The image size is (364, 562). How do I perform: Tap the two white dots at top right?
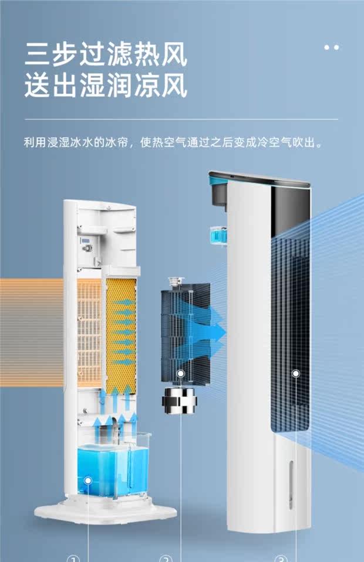click(331, 47)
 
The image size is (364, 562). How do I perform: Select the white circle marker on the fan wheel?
click(181, 373)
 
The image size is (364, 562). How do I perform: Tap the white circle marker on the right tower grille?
click(296, 373)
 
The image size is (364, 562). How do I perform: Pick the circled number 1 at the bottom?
click(73, 557)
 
